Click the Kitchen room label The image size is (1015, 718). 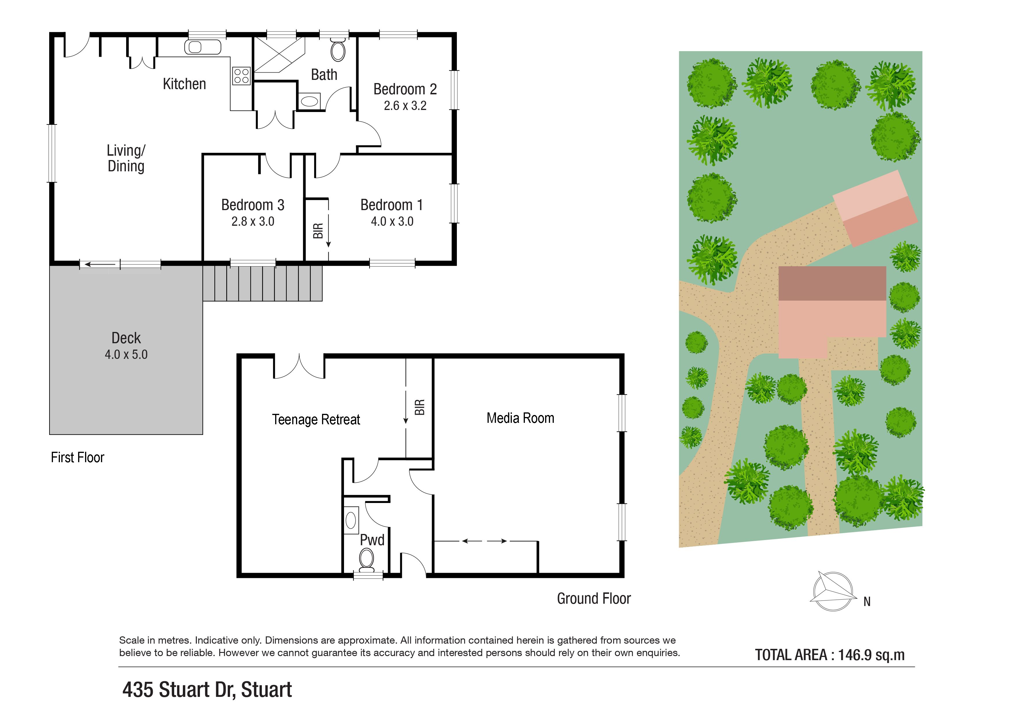tap(184, 84)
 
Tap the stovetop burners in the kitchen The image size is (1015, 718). tap(241, 76)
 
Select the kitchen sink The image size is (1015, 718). tap(203, 47)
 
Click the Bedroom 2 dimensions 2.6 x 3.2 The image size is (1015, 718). tap(405, 106)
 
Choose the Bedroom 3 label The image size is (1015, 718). tap(253, 205)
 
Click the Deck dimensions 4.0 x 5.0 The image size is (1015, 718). tap(126, 355)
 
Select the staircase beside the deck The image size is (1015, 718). tap(263, 283)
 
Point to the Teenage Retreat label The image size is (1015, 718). tap(316, 420)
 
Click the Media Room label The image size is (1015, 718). tap(520, 418)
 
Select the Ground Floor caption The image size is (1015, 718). tap(594, 599)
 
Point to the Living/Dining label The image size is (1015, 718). tap(126, 158)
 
